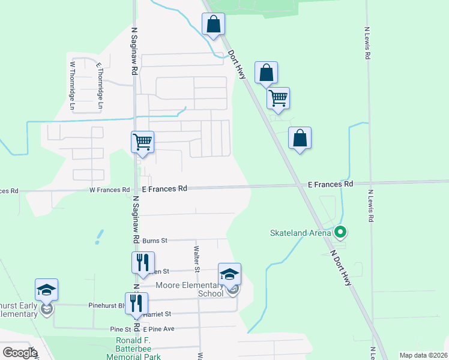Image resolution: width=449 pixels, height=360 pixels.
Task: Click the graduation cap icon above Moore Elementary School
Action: pos(229,274)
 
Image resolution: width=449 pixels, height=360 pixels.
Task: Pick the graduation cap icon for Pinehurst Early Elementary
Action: pos(47,290)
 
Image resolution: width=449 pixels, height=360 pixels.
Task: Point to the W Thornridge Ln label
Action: pos(73,85)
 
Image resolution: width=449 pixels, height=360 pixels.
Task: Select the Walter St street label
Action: pos(196,256)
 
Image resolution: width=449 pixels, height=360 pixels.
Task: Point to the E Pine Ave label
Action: pos(158,329)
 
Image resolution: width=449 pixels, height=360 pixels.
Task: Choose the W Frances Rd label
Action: pos(109,190)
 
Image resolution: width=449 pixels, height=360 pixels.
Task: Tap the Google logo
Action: pos(20,353)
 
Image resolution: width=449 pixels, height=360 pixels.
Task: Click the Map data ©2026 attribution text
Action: pos(423,355)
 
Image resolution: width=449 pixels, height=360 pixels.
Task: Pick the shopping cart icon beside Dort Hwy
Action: pos(278,98)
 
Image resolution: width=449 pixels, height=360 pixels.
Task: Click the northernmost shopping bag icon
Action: pos(213,25)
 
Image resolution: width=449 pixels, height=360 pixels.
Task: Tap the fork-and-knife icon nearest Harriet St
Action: pos(137,303)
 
